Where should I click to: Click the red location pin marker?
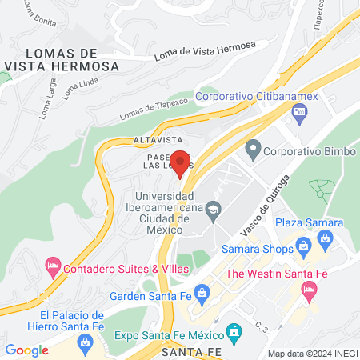pos(181,162)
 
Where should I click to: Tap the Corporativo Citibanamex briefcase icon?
pos(299,112)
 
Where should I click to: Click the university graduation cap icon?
pos(213,212)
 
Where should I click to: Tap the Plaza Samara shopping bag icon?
pos(325,237)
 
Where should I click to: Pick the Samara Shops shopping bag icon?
pos(302,246)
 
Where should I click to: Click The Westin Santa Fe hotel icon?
pos(310,294)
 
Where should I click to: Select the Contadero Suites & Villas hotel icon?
pos(53,263)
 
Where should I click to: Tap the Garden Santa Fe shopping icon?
pos(202,294)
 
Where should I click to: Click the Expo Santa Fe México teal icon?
pos(234,330)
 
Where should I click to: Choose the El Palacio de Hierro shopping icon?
pos(85,342)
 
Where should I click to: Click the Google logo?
pos(26,350)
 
